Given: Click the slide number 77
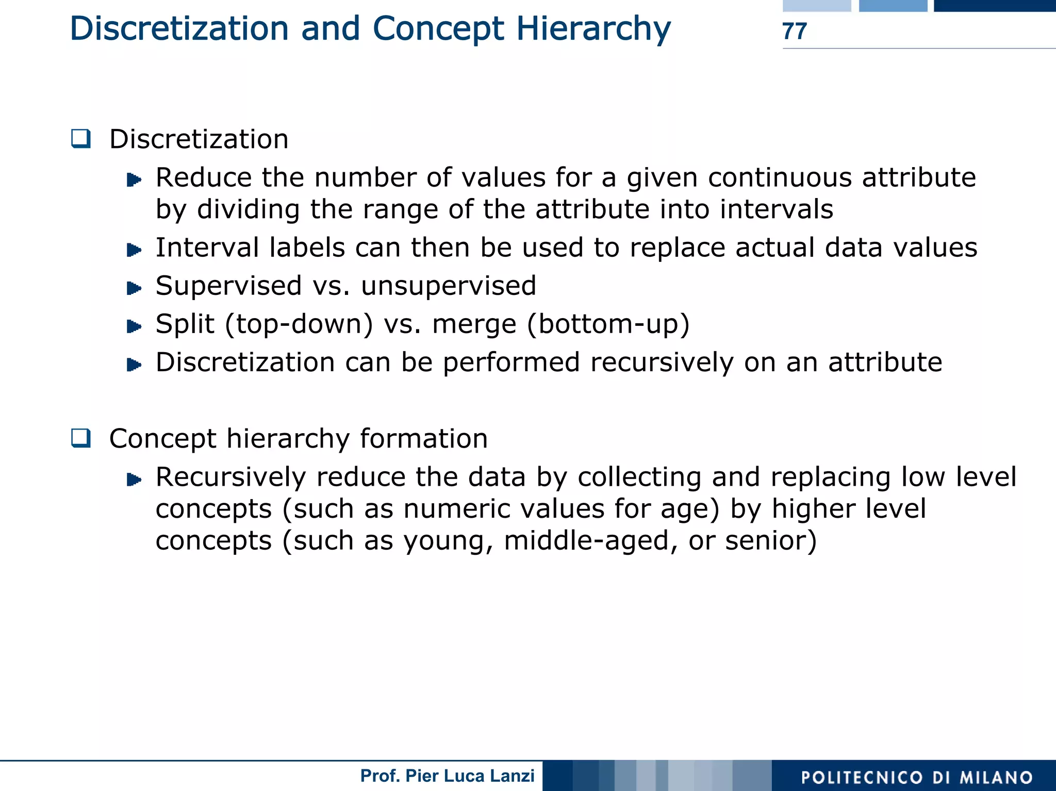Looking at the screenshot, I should (794, 31).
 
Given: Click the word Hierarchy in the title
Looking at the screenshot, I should (593, 28).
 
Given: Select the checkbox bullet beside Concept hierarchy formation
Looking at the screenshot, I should (81, 438).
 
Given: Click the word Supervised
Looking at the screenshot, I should (228, 286).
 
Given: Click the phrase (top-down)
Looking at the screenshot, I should (299, 324).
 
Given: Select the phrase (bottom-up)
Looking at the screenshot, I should (608, 324).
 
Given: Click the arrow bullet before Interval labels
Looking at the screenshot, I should (134, 250).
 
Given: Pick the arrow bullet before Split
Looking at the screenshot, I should (134, 326).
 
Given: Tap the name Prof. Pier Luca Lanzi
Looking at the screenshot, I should (447, 776).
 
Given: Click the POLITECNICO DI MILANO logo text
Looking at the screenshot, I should (916, 777).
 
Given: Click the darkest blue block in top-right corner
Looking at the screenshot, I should (995, 5).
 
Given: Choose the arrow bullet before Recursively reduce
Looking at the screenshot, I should (134, 480).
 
